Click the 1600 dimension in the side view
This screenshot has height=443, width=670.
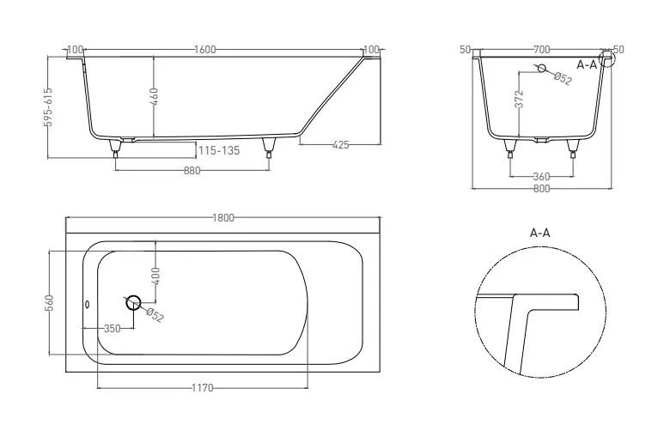pos(204,50)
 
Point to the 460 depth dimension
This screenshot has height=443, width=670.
pos(155,96)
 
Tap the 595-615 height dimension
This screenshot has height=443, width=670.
pos(48,106)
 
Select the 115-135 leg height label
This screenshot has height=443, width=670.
pos(219,150)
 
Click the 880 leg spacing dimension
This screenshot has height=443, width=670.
pos(192,171)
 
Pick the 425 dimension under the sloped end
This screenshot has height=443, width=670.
pos(340,145)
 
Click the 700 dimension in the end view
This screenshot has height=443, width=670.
pos(541,50)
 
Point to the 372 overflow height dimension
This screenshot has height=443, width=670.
pos(520,99)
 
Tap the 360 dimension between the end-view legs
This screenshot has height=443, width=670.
pos(541,176)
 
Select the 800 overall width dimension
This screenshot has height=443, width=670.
pos(541,188)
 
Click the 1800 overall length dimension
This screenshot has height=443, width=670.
pos(223,218)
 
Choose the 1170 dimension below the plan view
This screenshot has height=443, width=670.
pos(203,388)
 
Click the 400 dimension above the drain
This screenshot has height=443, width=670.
pos(155,276)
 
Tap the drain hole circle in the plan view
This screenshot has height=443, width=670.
pos(133,302)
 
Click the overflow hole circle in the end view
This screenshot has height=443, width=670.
pos(542,68)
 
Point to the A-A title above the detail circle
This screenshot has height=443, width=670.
pos(540,233)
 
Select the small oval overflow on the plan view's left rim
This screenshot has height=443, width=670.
pos(87,304)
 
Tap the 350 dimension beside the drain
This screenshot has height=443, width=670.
pos(113,329)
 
